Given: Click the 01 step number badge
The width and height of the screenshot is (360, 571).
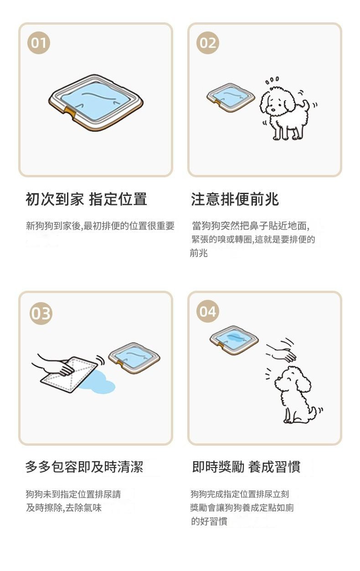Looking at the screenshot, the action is click(x=38, y=43).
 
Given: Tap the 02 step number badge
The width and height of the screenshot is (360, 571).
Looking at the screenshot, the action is click(x=207, y=43).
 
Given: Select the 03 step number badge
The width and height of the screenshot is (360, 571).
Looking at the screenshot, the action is click(x=41, y=313).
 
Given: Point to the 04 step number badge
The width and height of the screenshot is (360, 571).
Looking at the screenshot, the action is click(x=207, y=311).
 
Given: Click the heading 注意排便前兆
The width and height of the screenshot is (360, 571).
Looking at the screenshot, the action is click(x=235, y=199).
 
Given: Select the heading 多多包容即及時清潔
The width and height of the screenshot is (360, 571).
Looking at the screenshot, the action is click(x=84, y=467).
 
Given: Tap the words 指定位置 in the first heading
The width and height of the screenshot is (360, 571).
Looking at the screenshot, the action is click(x=118, y=199).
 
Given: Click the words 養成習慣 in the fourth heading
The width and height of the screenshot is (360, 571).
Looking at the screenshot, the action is click(x=274, y=467).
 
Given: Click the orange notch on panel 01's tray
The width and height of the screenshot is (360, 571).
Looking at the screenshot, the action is click(x=70, y=112).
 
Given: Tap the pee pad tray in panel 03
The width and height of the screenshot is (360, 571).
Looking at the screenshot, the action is click(x=134, y=358).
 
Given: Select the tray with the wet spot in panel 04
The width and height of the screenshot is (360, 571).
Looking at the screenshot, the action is click(x=234, y=340).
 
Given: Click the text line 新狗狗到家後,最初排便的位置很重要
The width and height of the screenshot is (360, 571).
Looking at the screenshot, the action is click(x=100, y=226).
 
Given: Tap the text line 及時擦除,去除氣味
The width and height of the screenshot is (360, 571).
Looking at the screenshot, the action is click(x=64, y=508).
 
